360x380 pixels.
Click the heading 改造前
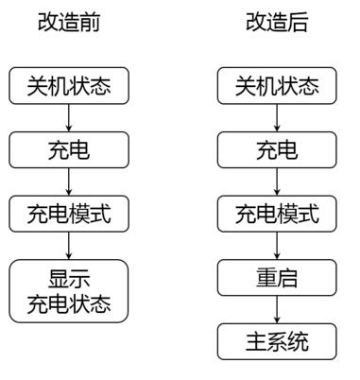pyautogui.click(x=68, y=23)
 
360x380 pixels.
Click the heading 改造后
pyautogui.click(x=276, y=23)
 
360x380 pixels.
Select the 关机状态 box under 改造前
pyautogui.click(x=68, y=87)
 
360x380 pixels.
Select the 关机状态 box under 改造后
pyautogui.click(x=277, y=87)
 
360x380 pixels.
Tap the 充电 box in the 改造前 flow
pyautogui.click(x=68, y=150)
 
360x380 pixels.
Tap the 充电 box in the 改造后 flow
pyautogui.click(x=277, y=150)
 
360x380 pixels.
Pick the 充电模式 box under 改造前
pyautogui.click(x=68, y=214)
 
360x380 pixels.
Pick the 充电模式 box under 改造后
pyautogui.click(x=277, y=214)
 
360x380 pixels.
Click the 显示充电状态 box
pyautogui.click(x=68, y=291)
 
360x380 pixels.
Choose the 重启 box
pyautogui.click(x=277, y=278)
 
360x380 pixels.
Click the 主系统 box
pyautogui.click(x=277, y=341)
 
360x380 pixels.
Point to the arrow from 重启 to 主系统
pyautogui.click(x=277, y=310)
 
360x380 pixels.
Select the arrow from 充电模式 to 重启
pyautogui.click(x=277, y=246)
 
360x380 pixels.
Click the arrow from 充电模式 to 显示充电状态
pyautogui.click(x=68, y=246)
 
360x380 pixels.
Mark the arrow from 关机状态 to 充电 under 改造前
pyautogui.click(x=68, y=119)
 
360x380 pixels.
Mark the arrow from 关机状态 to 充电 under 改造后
pyautogui.click(x=277, y=119)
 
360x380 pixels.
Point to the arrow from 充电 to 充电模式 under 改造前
pyautogui.click(x=68, y=182)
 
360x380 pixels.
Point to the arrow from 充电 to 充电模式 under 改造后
pyautogui.click(x=277, y=182)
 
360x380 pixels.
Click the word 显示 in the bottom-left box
pyautogui.click(x=68, y=280)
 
